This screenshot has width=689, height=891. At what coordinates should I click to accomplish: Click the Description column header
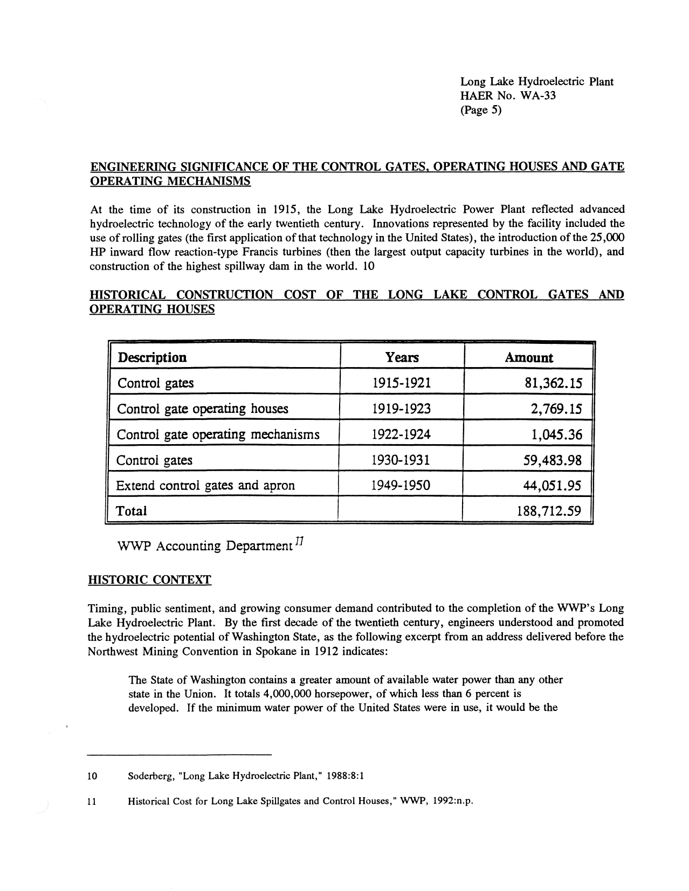(152, 358)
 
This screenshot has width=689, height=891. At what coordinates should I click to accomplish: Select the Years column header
(402, 358)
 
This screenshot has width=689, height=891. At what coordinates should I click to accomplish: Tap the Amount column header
(528, 358)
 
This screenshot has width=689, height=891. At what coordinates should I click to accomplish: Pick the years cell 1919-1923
(402, 409)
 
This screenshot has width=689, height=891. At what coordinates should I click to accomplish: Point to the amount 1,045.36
(556, 434)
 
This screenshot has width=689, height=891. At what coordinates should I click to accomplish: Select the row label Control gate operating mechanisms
(218, 434)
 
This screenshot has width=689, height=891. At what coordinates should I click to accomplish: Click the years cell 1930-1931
(401, 460)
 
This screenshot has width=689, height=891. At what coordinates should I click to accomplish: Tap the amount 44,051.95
(552, 486)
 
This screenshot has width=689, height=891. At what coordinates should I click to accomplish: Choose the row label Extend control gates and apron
(205, 486)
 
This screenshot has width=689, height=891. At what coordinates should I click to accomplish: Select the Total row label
(132, 511)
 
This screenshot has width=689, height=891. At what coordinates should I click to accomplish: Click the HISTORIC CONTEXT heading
(149, 580)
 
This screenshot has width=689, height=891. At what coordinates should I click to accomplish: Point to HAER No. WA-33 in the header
(508, 96)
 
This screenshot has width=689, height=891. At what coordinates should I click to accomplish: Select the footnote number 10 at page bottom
(92, 776)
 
